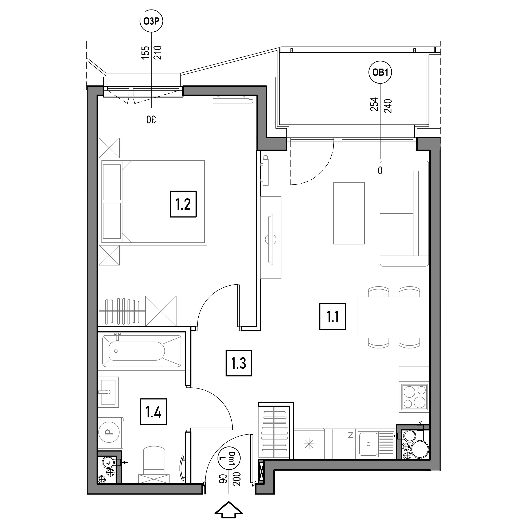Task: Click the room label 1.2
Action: point(183,204)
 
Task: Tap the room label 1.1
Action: point(332,316)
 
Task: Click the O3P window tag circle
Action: point(151,21)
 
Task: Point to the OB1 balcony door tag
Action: point(380,72)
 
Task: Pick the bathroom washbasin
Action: point(109,392)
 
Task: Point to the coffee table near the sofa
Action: point(349,213)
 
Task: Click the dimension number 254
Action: point(374,104)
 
